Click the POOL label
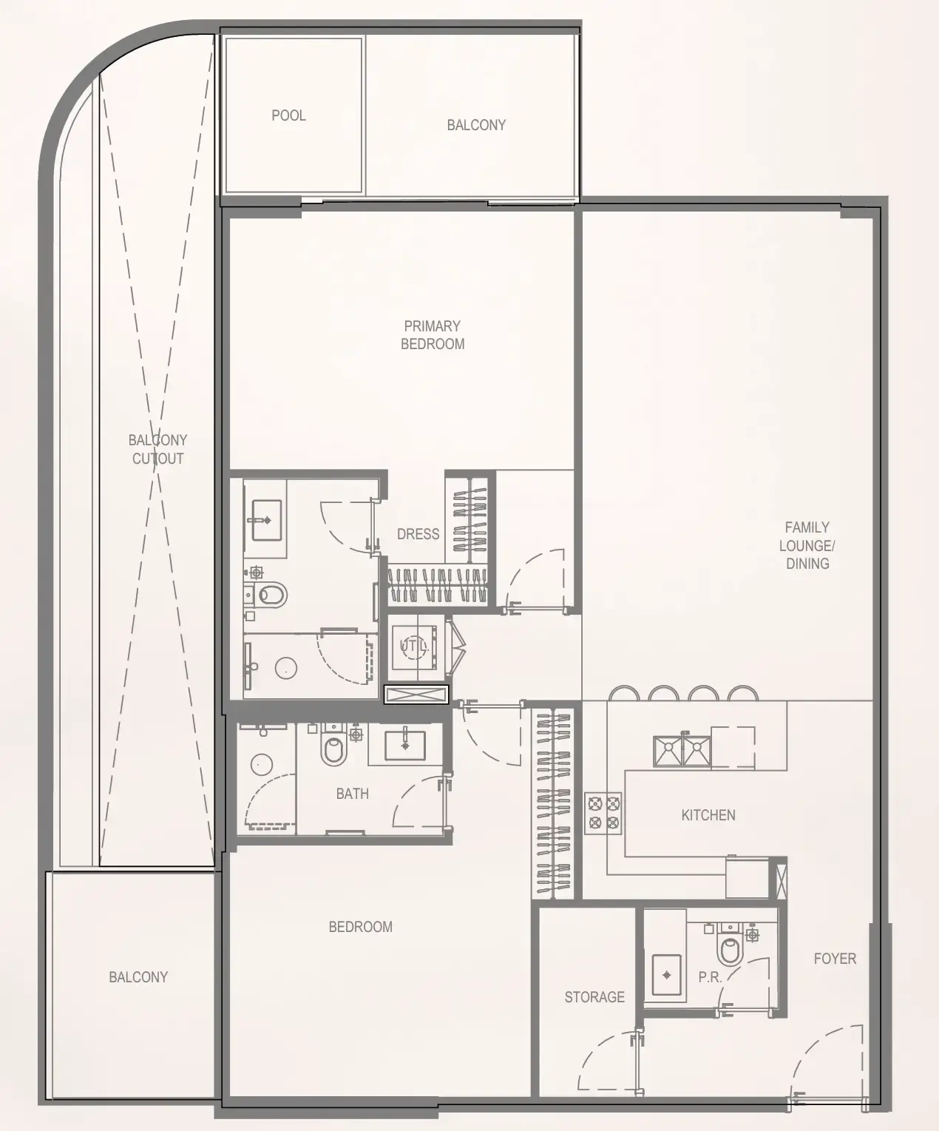coord(288,115)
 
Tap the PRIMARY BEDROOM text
coord(433,335)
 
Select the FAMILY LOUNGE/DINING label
coord(807,545)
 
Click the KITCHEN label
coord(708,815)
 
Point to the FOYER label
coord(835,959)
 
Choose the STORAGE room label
coord(594,997)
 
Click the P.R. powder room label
coord(709,977)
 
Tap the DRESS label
coord(418,534)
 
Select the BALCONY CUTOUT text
coord(157,449)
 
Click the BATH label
coord(352,794)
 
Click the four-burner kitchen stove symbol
coord(603,813)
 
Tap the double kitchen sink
coord(682,751)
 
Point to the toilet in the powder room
coord(730,949)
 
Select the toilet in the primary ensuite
coord(271,594)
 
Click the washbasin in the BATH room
coord(404,745)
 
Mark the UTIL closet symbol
coord(415,646)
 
